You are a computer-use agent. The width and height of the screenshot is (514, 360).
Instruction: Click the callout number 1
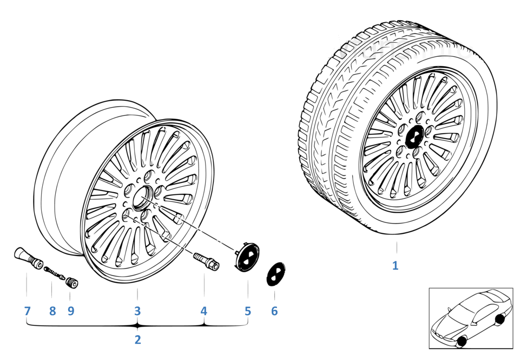[x=396, y=265]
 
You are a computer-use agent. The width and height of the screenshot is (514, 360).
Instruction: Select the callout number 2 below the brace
[x=137, y=339]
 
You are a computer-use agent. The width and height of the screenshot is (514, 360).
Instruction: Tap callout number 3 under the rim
[x=137, y=311]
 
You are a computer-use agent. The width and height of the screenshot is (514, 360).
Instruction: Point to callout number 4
[x=204, y=311]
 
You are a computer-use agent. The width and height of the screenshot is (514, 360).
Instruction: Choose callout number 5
[x=248, y=311]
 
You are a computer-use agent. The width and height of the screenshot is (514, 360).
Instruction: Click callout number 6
[x=274, y=311]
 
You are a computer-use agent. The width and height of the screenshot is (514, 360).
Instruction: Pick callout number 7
[x=27, y=311]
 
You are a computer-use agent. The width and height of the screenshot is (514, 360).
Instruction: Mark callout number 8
[x=52, y=311]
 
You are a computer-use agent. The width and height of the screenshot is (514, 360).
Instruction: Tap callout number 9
[x=71, y=311]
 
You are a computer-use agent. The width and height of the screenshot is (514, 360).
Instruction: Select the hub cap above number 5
[x=248, y=257]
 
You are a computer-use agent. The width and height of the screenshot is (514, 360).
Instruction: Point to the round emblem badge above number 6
[x=276, y=274]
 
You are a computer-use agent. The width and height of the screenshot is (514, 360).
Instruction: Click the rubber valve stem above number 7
[x=28, y=258]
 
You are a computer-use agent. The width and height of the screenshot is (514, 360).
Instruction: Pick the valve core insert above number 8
[x=54, y=273]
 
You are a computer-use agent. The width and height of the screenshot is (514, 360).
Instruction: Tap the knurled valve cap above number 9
[x=72, y=282]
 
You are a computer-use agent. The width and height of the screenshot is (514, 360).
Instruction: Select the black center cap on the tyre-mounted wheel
[x=414, y=136]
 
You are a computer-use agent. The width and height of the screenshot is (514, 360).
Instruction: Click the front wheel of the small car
[x=462, y=341]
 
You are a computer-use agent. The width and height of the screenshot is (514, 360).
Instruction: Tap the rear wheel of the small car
[x=500, y=319]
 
